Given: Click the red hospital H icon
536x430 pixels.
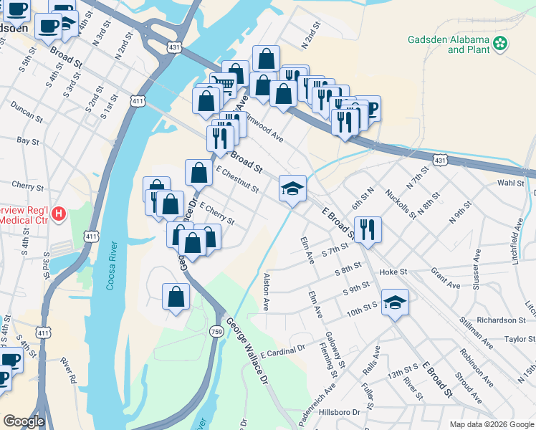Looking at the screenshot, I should [59, 214].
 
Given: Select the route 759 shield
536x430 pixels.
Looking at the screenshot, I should [216, 331].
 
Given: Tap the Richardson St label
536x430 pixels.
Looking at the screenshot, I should [502, 320].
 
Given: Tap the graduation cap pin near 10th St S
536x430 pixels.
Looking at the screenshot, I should [394, 302].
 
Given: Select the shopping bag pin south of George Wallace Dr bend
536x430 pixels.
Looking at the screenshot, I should [176, 296].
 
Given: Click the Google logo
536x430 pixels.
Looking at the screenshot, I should [23, 422].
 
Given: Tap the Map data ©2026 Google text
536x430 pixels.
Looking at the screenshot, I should [491, 424].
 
